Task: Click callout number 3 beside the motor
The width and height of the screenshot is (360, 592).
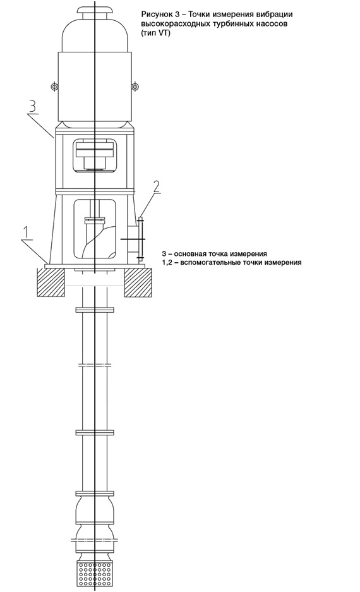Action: click(x=32, y=106)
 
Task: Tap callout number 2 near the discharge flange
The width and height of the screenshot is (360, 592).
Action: click(x=157, y=187)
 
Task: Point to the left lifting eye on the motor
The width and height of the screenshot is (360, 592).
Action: click(x=55, y=87)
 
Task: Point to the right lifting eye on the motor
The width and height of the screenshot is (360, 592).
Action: click(x=135, y=87)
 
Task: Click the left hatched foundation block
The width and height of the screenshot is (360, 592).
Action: click(x=51, y=282)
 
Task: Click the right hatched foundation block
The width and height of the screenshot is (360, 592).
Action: click(x=138, y=282)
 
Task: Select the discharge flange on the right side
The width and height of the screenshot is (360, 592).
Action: click(x=140, y=239)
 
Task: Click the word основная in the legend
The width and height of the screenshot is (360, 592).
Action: click(x=191, y=254)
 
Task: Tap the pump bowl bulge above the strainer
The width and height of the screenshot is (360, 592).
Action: click(x=94, y=511)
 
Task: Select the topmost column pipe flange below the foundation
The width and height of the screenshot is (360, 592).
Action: click(x=94, y=310)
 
